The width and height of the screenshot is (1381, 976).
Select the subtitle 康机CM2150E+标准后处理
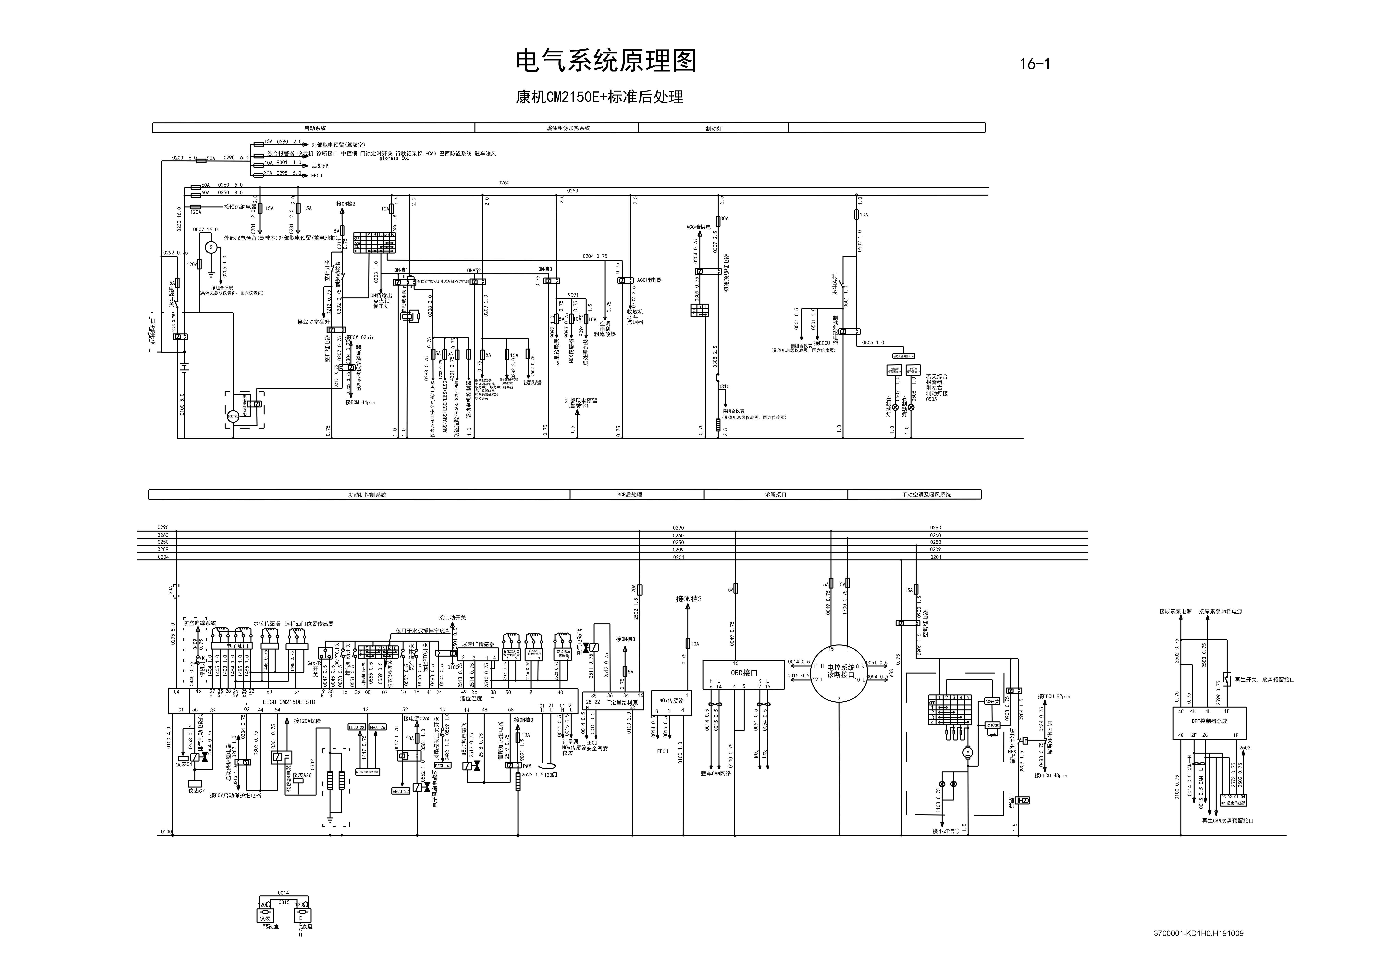[x=600, y=97]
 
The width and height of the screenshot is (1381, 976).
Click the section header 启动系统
[x=314, y=128]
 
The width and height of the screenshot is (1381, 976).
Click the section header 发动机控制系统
[x=367, y=495]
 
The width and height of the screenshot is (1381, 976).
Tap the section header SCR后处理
[x=630, y=495]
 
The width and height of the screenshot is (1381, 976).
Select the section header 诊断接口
[x=775, y=495]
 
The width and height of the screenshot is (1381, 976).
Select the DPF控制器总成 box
[x=1210, y=721]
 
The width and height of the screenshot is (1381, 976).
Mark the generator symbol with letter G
[x=211, y=247]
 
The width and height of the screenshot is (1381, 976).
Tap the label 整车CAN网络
[x=716, y=773]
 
